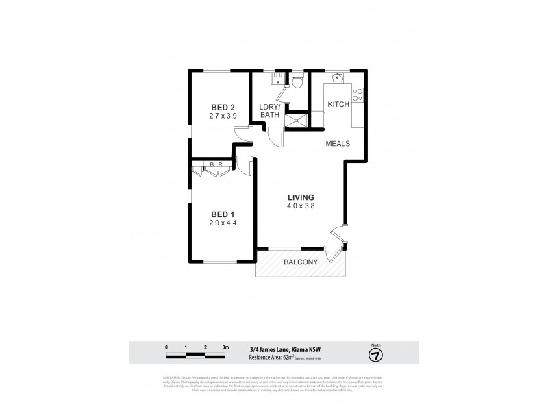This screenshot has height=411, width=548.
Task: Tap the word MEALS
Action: pyautogui.click(x=338, y=144)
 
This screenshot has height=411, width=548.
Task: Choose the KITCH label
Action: pyautogui.click(x=338, y=105)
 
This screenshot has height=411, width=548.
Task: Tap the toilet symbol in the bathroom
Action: pyautogui.click(x=297, y=82)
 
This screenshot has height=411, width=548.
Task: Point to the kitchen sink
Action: pyautogui.click(x=336, y=79)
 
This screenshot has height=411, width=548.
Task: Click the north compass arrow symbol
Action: pyautogui.click(x=375, y=355)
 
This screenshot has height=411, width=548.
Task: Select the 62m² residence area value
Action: pyautogui.click(x=307, y=358)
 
